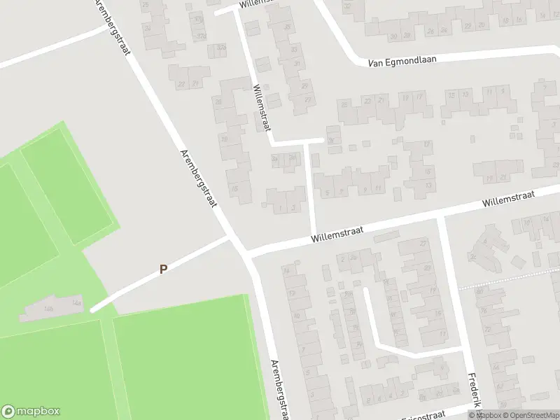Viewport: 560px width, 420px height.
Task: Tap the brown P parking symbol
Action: click(x=163, y=269)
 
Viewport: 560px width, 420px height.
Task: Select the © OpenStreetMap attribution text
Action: click(x=530, y=415)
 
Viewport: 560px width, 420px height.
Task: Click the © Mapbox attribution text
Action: click(x=484, y=415)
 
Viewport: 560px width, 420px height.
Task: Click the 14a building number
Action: click(x=77, y=303)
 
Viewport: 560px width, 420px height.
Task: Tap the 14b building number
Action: click(x=48, y=308)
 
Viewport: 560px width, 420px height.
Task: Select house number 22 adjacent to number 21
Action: click(x=182, y=84)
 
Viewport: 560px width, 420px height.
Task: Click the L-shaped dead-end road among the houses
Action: click(x=378, y=336)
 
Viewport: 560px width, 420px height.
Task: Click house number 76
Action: click(x=331, y=140)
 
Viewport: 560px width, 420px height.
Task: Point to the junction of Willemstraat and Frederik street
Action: click(x=440, y=218)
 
